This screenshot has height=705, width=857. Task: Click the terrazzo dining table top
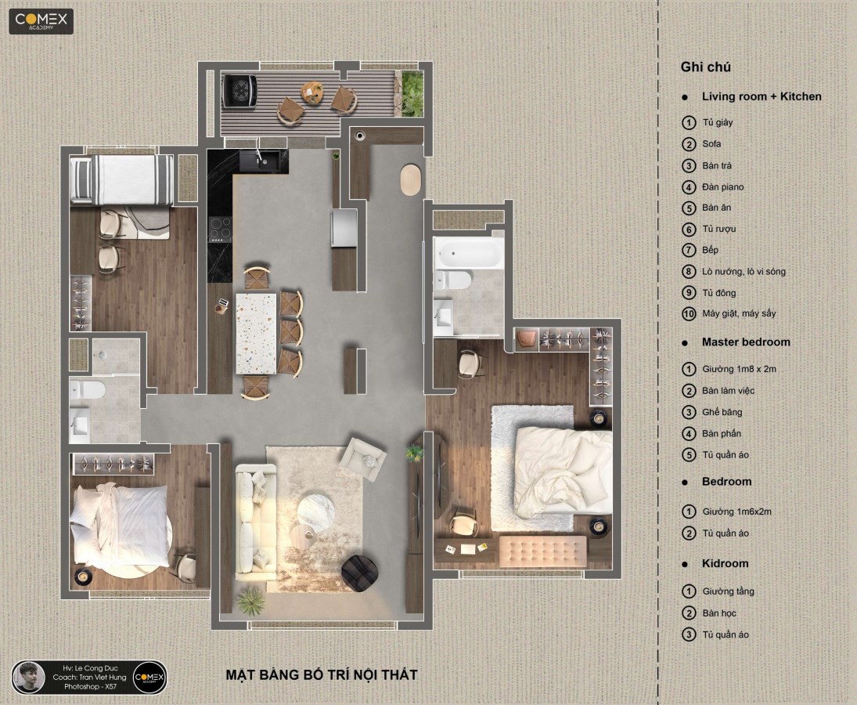click(x=256, y=334)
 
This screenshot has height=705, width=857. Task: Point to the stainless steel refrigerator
click(x=344, y=228)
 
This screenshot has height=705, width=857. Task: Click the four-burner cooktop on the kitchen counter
click(x=220, y=230)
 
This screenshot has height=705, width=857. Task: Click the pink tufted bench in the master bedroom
click(x=542, y=551)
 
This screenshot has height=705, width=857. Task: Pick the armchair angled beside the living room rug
click(x=363, y=456)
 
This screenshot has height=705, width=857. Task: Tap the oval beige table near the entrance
click(x=411, y=179)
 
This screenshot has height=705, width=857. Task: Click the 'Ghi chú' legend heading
click(x=705, y=67)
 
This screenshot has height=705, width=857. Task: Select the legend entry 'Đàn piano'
click(x=722, y=187)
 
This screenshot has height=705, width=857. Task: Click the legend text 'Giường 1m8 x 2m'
click(x=739, y=369)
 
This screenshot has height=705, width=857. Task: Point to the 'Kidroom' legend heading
click(x=725, y=563)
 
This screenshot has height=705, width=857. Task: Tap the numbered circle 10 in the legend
click(x=689, y=314)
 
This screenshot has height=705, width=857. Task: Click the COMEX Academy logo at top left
click(x=41, y=21)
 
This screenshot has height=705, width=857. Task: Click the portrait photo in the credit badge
click(x=28, y=677)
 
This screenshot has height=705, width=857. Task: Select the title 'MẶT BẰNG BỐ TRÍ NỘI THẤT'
click(x=322, y=675)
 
